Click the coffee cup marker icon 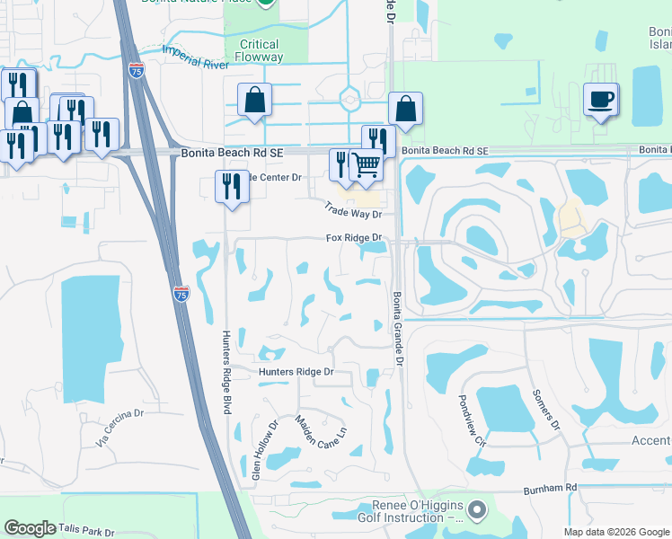pyautogui.click(x=600, y=99)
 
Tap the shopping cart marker pyautogui.click(x=366, y=164)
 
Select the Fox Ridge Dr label pyautogui.click(x=354, y=238)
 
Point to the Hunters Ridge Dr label pyautogui.click(x=296, y=371)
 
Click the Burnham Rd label pyautogui.click(x=550, y=487)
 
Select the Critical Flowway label pyautogui.click(x=260, y=50)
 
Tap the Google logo pyautogui.click(x=31, y=528)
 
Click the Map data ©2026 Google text pyautogui.click(x=615, y=532)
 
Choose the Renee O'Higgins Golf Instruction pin pyautogui.click(x=477, y=509)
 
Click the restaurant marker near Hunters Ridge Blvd pyautogui.click(x=232, y=187)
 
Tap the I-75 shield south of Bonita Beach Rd pyautogui.click(x=181, y=294)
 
